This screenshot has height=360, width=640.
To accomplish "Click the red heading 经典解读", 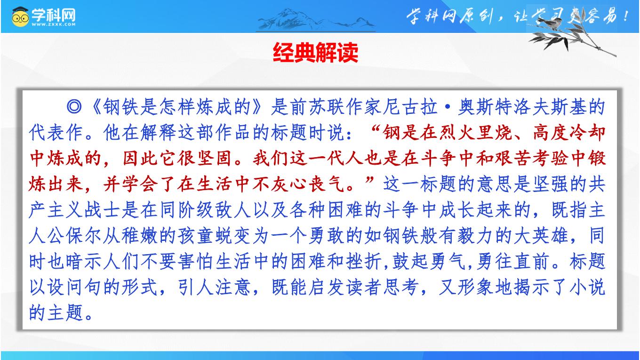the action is tap(315, 53).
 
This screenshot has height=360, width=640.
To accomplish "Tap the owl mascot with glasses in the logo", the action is tap(20, 17).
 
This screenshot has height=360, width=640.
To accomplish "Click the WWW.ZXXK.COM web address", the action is tap(54, 24).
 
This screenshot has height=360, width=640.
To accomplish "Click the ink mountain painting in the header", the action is tap(316, 20).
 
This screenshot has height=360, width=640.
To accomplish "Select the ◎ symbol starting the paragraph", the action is tap(74, 106).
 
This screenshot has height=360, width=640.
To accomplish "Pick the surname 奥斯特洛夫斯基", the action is tap(531, 106).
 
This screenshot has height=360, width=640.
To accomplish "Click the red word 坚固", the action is tap(214, 158).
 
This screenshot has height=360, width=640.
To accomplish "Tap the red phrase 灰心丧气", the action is tap(308, 184).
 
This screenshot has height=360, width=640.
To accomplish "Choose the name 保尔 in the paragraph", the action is tap(83, 236).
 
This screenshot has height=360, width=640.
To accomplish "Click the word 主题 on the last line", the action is tap(65, 313).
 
